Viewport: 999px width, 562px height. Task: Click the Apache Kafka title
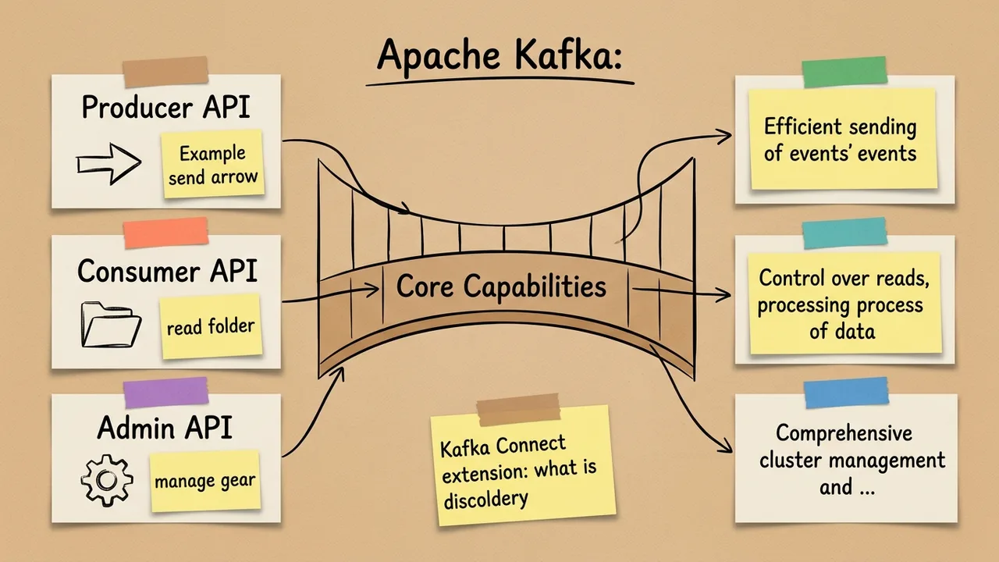click(x=499, y=59)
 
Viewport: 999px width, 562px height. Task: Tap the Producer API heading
click(x=165, y=107)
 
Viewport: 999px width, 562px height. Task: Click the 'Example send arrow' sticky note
click(x=212, y=165)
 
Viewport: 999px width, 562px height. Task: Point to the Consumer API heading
click(x=167, y=271)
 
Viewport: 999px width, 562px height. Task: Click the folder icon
click(x=111, y=325)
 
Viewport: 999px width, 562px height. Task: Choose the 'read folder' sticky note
click(x=211, y=325)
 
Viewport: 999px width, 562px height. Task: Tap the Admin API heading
click(x=165, y=427)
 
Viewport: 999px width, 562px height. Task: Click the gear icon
click(x=107, y=480)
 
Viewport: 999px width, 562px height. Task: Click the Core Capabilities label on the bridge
click(x=501, y=286)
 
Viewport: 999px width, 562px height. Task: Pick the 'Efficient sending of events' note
click(x=841, y=139)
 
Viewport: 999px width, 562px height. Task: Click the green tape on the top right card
click(x=845, y=71)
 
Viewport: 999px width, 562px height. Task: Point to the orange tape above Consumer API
click(x=166, y=232)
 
